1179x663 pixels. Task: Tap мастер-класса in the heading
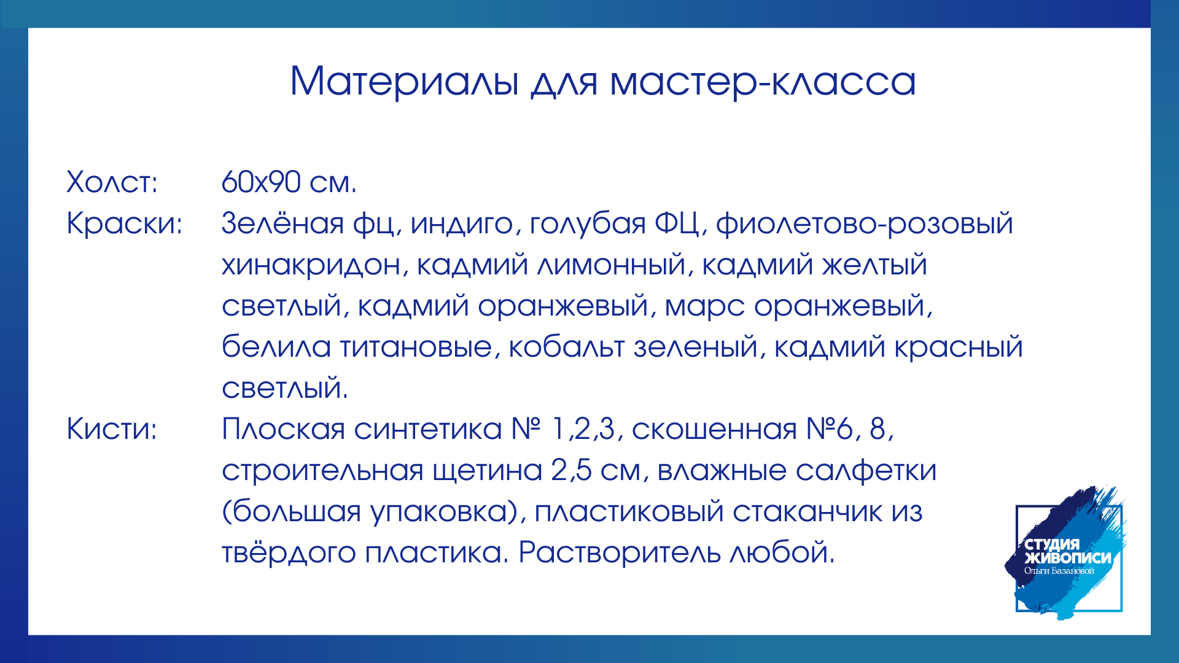(x=763, y=82)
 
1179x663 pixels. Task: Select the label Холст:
(x=112, y=182)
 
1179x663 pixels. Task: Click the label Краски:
(x=125, y=223)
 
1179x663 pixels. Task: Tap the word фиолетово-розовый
(x=865, y=223)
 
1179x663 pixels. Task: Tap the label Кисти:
(x=112, y=428)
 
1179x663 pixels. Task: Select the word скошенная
(x=714, y=429)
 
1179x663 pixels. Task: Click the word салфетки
(x=866, y=470)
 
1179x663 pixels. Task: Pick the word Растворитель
(x=620, y=552)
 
